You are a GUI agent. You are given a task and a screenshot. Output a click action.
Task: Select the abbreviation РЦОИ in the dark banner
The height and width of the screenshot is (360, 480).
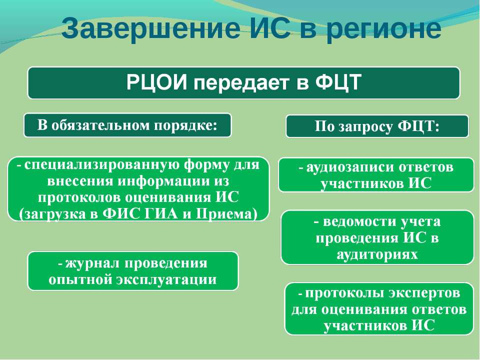(156, 82)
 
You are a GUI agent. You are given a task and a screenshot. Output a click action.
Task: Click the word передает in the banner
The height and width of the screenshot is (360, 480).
(241, 83)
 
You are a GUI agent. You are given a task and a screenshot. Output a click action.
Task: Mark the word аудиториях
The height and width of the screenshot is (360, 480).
(377, 254)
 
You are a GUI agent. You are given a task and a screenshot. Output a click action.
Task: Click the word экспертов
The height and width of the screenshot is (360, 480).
(424, 293)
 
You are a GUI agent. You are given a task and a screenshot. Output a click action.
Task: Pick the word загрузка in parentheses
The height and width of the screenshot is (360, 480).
(53, 214)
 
